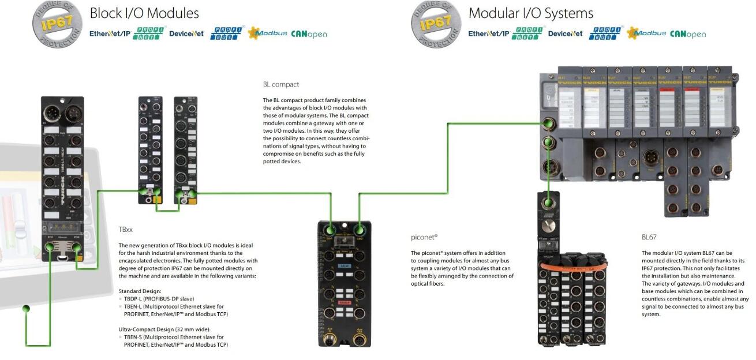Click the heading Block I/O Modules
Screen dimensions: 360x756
pyautogui.click(x=144, y=13)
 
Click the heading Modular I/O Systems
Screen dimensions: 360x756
pyautogui.click(x=530, y=13)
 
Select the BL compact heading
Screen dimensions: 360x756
pyautogui.click(x=281, y=84)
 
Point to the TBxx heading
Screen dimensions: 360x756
pyautogui.click(x=126, y=230)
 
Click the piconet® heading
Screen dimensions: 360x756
pyautogui.click(x=424, y=237)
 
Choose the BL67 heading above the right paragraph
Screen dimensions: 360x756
pyautogui.click(x=649, y=237)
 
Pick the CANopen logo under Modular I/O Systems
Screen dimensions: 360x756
pyautogui.click(x=688, y=34)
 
